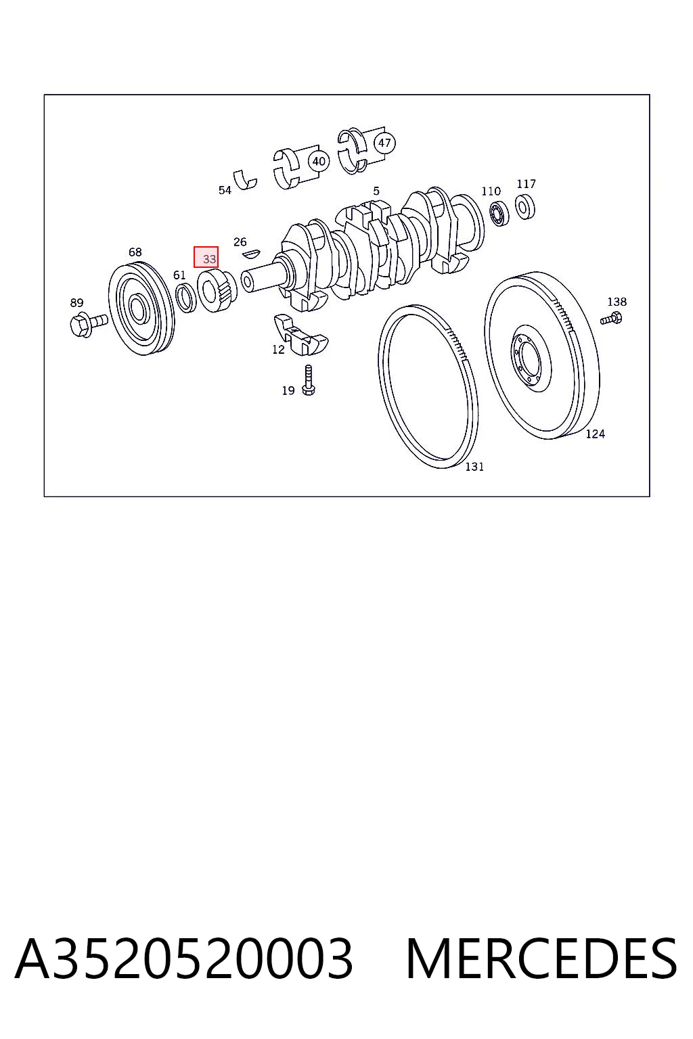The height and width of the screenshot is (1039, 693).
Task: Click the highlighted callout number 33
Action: (209, 259)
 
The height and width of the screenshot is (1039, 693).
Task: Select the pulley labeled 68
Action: (141, 309)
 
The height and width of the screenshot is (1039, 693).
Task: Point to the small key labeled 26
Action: (252, 253)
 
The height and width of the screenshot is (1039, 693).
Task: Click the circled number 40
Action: (319, 162)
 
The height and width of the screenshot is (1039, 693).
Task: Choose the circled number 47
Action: (384, 143)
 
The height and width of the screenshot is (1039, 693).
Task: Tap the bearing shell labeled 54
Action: (245, 180)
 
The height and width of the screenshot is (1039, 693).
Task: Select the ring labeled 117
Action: (525, 206)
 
